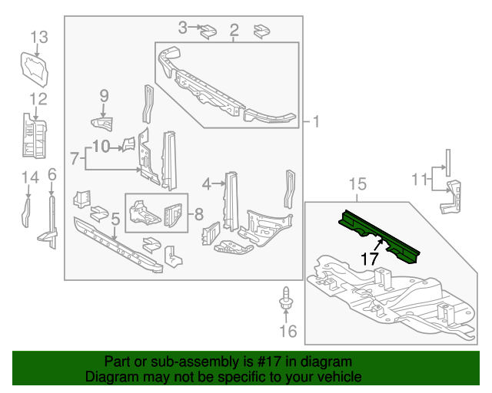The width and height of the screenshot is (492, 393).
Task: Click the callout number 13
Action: tap(39, 36)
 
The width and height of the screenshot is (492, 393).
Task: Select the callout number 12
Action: tap(38, 98)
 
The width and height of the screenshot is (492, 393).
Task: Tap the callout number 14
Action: tap(29, 178)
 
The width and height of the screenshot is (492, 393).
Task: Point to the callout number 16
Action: tap(287, 332)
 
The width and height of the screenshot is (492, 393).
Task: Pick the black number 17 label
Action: tap(370, 259)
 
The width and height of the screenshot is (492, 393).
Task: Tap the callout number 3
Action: tap(183, 28)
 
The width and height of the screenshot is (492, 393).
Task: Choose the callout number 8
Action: tap(198, 213)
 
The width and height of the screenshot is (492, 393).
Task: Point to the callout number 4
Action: tap(207, 183)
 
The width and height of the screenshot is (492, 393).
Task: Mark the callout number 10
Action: tap(101, 145)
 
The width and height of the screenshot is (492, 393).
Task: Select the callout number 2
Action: tap(234, 31)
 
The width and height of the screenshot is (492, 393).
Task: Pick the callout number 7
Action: tap(75, 159)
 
